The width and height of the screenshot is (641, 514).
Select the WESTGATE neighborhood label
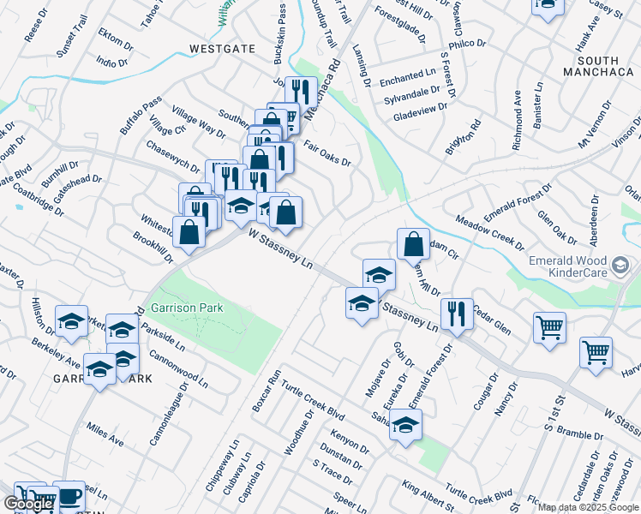click(222, 49)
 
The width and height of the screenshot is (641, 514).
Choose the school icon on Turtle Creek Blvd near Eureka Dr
click(406, 423)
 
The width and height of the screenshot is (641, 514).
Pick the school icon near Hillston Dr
click(71, 320)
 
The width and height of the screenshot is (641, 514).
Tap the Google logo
click(28, 504)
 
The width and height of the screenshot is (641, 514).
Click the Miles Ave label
click(105, 434)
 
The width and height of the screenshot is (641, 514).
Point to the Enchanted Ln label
click(415, 76)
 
